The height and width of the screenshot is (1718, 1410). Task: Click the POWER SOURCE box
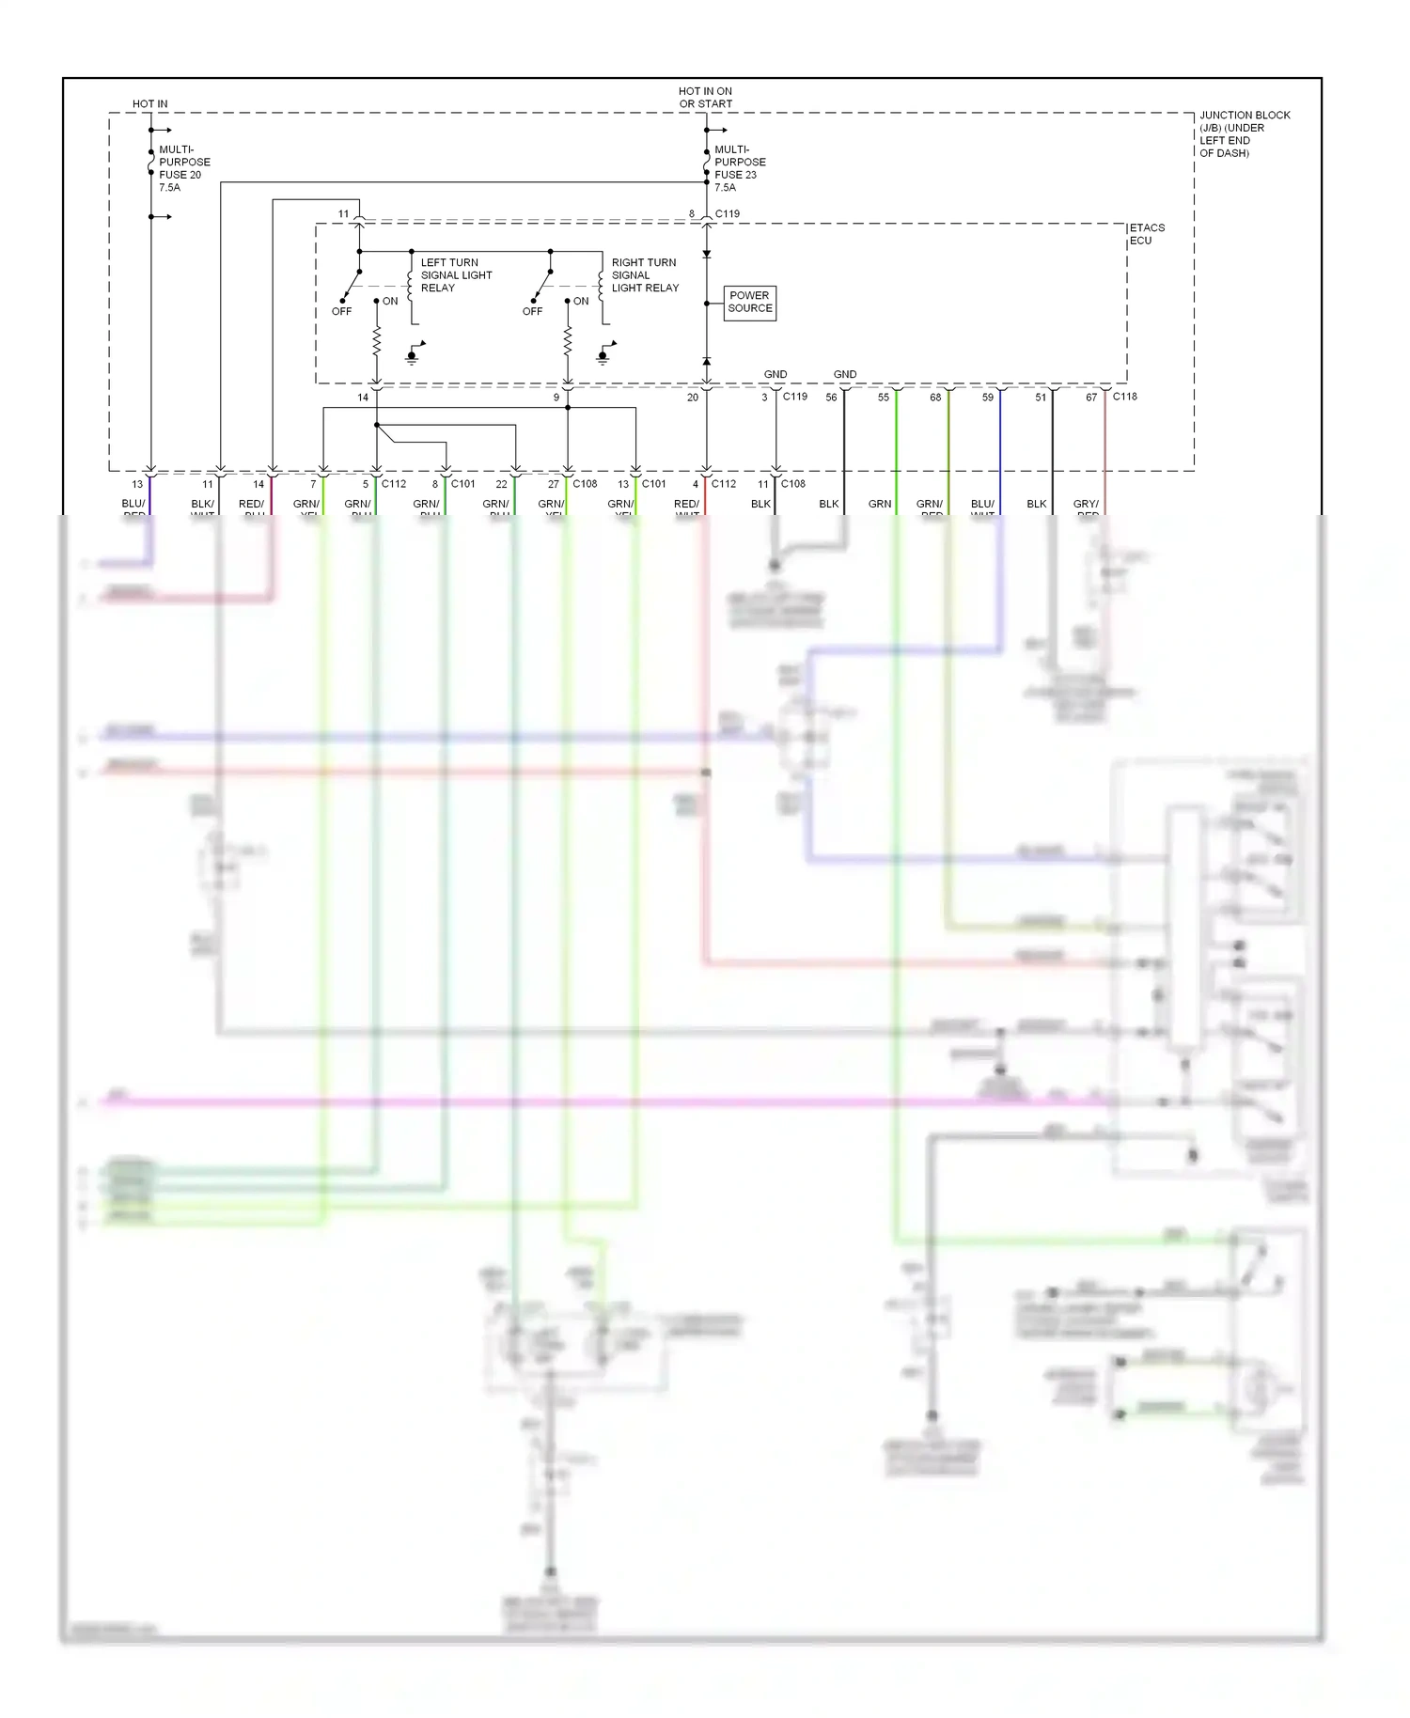(x=749, y=302)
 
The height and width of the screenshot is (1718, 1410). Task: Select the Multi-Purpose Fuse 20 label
(x=183, y=168)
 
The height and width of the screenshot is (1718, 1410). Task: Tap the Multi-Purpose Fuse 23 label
(x=739, y=168)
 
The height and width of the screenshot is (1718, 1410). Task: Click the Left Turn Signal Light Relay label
(x=456, y=275)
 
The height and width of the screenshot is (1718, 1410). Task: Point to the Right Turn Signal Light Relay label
(x=645, y=275)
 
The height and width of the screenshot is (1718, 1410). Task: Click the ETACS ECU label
(x=1146, y=234)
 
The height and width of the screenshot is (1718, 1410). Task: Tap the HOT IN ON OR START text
(x=705, y=98)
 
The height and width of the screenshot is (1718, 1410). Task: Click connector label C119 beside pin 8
(x=727, y=214)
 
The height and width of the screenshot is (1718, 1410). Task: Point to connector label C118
(x=1124, y=397)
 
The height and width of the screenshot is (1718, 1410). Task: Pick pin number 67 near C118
(x=1090, y=398)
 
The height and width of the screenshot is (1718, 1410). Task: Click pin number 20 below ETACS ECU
(x=692, y=398)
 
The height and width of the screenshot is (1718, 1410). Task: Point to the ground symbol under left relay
(x=413, y=356)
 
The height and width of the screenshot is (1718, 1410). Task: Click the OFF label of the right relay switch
(x=532, y=312)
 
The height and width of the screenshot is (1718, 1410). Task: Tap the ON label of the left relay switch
(x=390, y=302)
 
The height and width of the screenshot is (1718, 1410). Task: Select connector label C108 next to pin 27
(x=585, y=484)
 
